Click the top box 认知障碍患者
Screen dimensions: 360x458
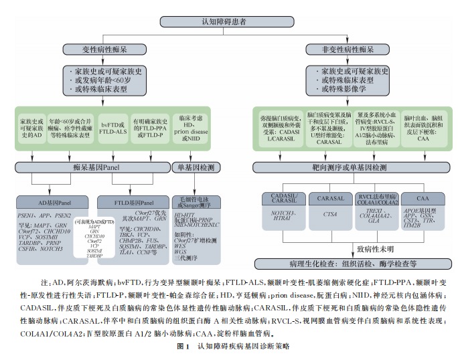[x=229, y=21]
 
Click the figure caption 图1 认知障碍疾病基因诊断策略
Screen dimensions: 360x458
[x=228, y=346]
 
